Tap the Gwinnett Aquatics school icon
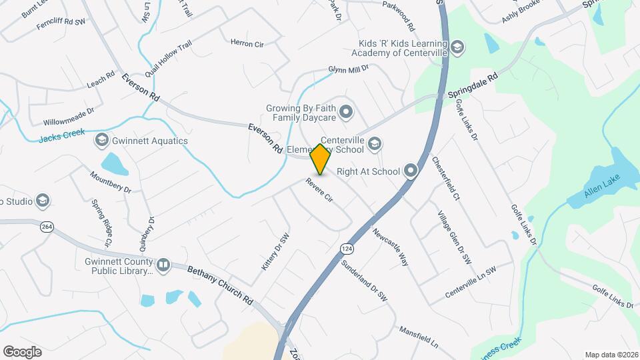tap(101, 141)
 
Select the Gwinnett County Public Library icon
tap(163, 266)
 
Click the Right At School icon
tap(410, 171)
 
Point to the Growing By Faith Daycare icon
tap(346, 112)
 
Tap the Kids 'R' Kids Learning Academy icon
tap(457, 47)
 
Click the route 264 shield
tap(46, 226)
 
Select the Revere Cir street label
tap(319, 189)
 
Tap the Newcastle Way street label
tap(391, 247)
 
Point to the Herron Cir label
tap(247, 43)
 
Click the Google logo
tap(22, 351)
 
